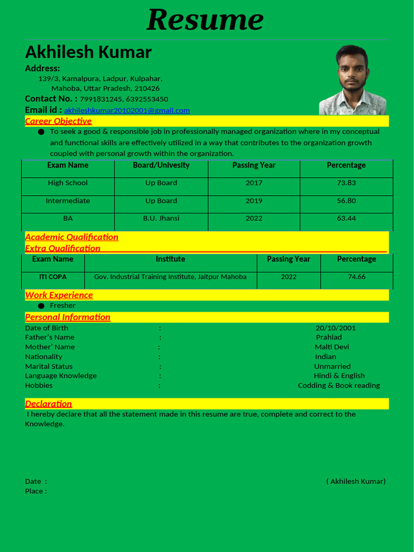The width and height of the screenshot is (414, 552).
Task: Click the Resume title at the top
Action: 205,20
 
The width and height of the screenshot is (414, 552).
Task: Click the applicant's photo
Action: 353,80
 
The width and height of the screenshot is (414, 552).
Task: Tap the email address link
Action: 127,111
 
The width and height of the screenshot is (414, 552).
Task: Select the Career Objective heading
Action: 58,121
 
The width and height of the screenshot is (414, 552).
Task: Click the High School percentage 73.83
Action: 346,183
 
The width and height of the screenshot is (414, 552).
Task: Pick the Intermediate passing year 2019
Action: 254,201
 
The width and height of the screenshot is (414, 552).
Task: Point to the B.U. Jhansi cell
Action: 161,218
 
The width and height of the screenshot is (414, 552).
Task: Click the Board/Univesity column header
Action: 161,165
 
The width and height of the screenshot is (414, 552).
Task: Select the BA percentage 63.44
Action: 346,218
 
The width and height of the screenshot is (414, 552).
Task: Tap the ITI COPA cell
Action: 53,277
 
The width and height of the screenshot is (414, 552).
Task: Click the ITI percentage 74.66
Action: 356,277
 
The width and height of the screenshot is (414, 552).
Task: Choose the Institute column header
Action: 170,259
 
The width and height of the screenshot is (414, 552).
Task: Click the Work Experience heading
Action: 59,295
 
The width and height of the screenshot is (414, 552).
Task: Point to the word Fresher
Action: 63,306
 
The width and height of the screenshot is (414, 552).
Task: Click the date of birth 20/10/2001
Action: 335,328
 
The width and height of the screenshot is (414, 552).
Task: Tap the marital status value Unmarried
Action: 332,366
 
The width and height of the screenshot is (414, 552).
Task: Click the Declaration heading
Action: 49,404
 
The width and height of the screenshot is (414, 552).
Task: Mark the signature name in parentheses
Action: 356,481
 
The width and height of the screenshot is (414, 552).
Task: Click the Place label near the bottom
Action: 36,491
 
